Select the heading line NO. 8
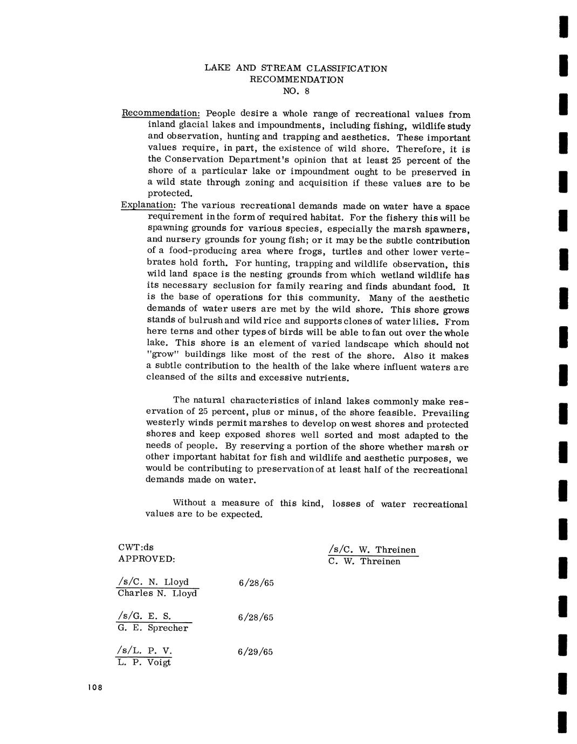296,91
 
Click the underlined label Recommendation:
161,113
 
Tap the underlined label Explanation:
148,205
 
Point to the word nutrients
328,377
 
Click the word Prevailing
445,413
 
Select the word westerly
164,424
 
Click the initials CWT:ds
135,547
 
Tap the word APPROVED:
146,559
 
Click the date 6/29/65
255,652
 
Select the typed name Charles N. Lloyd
157,594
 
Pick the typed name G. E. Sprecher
153,628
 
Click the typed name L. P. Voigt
144,663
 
